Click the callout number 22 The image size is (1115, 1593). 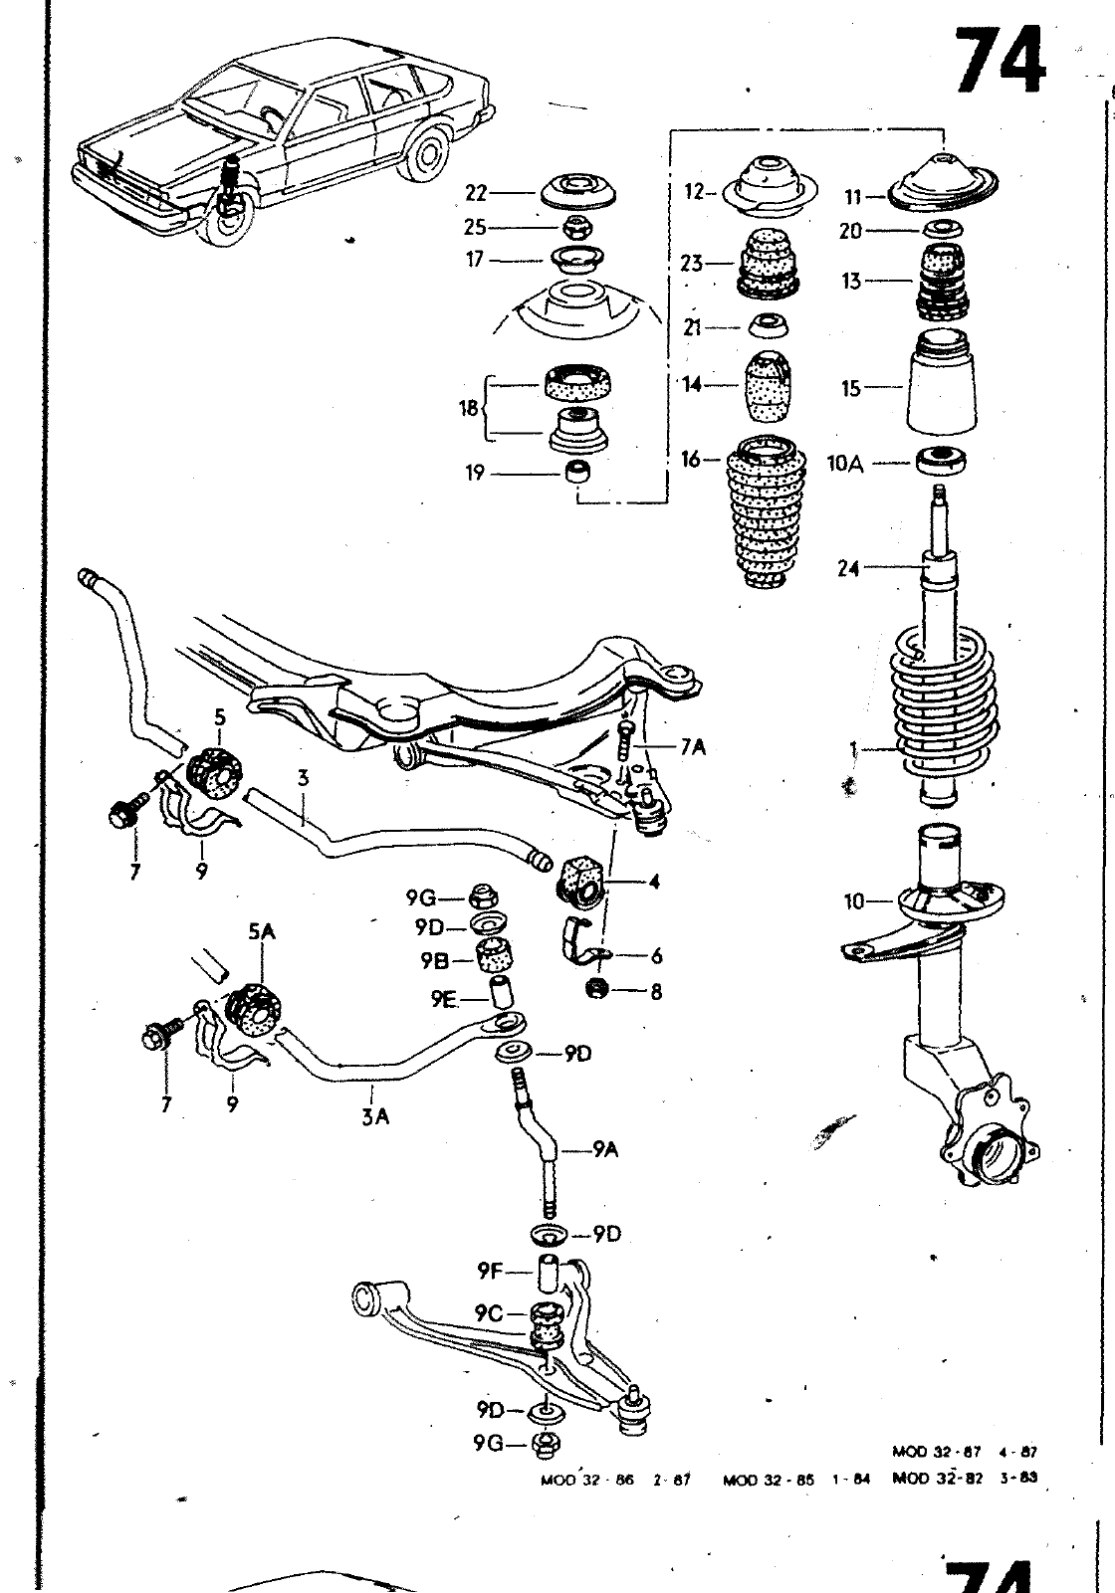click(477, 193)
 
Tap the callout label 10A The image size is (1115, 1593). click(845, 464)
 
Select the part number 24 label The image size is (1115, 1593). click(848, 570)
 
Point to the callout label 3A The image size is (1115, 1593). click(375, 1117)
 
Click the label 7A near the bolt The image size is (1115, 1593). click(693, 746)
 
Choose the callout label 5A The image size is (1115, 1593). click(261, 931)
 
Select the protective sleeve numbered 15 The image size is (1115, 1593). click(940, 388)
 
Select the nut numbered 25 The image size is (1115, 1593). click(575, 226)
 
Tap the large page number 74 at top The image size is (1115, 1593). click(1000, 62)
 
